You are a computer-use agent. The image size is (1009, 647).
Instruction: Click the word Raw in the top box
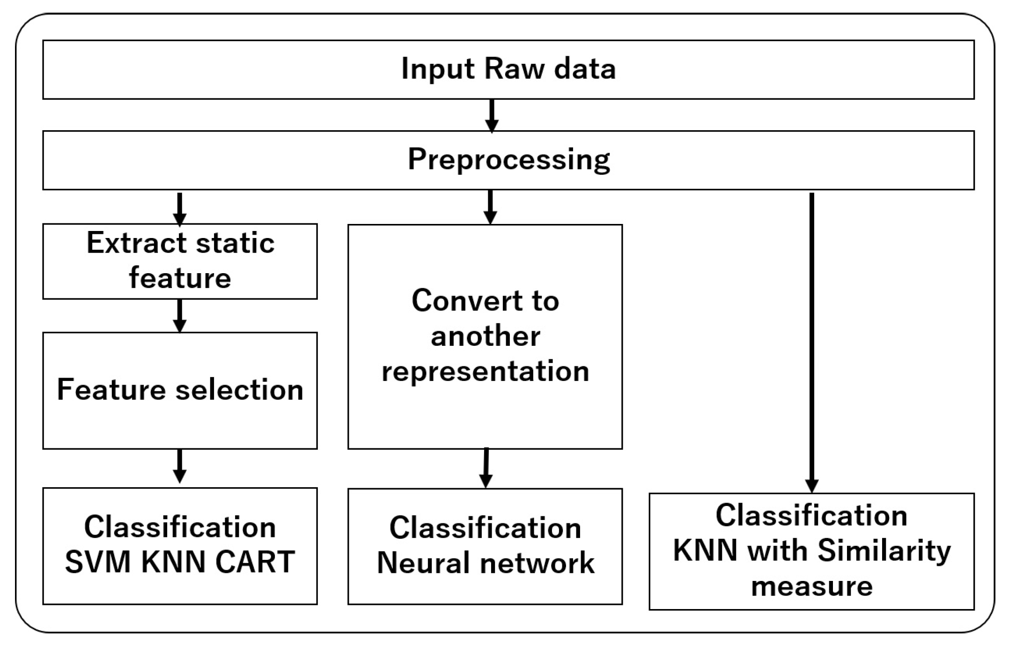pos(514,69)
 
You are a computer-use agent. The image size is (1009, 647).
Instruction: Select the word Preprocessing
pos(508,160)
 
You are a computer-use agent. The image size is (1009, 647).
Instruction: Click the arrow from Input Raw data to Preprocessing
pos(491,115)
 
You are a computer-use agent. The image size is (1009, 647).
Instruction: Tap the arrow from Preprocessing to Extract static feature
pos(180,208)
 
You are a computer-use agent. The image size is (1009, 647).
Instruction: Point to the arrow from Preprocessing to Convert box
pos(490,207)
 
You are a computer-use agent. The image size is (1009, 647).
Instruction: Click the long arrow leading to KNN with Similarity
pos(811,342)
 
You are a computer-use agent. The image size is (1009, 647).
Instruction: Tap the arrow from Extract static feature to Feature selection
pos(180,315)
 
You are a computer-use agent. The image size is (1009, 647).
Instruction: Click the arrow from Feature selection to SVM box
pos(180,466)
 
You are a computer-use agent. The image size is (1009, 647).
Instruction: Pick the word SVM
pos(97,562)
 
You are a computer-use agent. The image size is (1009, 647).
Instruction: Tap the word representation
pos(485,372)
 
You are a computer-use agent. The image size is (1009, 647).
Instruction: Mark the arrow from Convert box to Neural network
pos(486,468)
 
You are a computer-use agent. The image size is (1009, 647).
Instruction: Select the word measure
pos(811,586)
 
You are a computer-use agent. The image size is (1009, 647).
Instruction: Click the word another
pos(485,336)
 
